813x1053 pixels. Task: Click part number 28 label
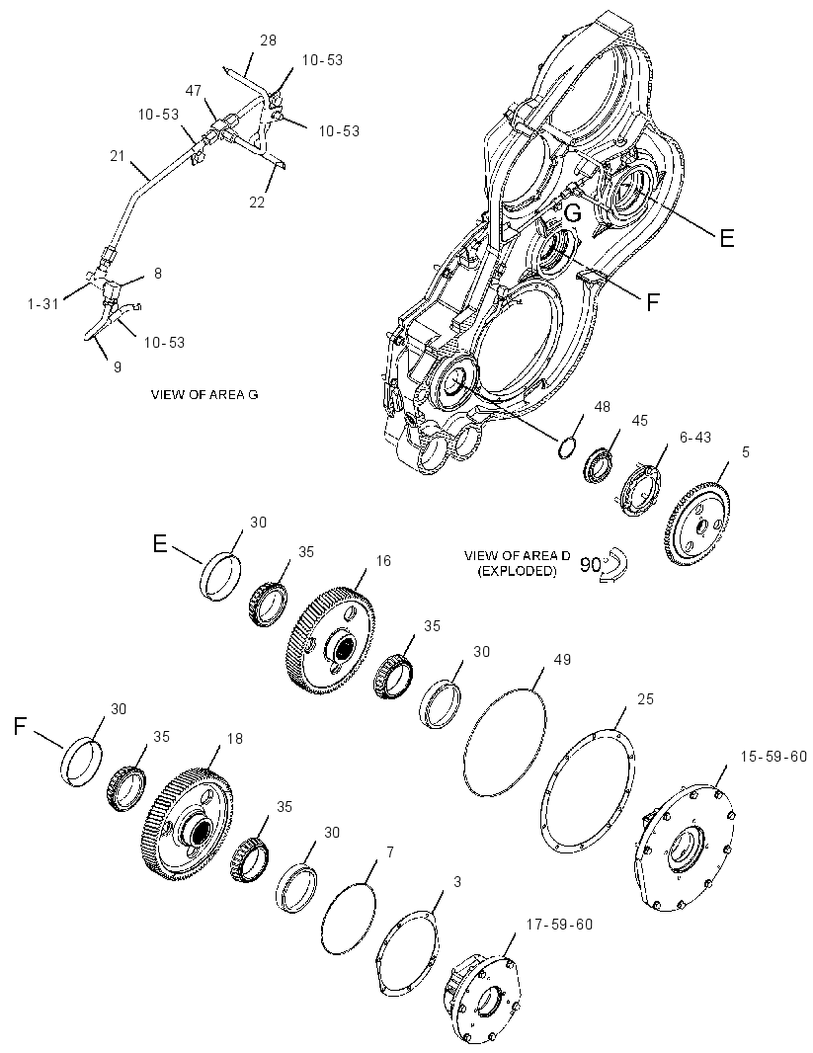pyautogui.click(x=268, y=40)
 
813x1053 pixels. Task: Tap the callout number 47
pyautogui.click(x=194, y=91)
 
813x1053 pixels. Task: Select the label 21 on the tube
pyautogui.click(x=118, y=156)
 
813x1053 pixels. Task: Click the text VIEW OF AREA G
pyautogui.click(x=204, y=394)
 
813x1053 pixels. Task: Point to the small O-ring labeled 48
pyautogui.click(x=567, y=447)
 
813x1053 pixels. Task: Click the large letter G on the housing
pyautogui.click(x=573, y=213)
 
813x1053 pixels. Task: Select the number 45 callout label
pyautogui.click(x=639, y=421)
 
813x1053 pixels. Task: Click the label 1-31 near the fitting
pyautogui.click(x=42, y=304)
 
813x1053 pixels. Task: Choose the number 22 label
pyautogui.click(x=258, y=202)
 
